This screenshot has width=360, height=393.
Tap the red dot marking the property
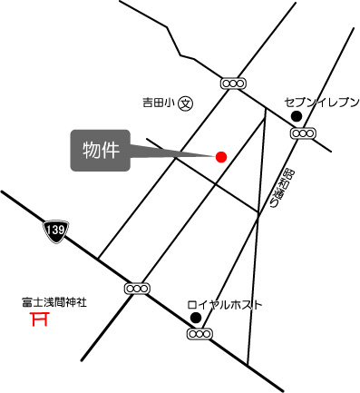(220, 156)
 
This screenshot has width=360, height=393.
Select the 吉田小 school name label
(157, 104)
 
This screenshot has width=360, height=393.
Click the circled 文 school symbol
(185, 104)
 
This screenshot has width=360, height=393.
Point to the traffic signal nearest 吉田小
(233, 84)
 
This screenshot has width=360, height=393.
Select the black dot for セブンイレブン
(296, 116)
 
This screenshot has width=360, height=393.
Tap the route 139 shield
(55, 231)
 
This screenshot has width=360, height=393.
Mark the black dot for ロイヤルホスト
(195, 318)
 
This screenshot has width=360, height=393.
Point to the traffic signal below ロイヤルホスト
(199, 334)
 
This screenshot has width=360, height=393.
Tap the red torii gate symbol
(39, 319)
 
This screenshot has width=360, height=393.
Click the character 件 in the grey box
(110, 150)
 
